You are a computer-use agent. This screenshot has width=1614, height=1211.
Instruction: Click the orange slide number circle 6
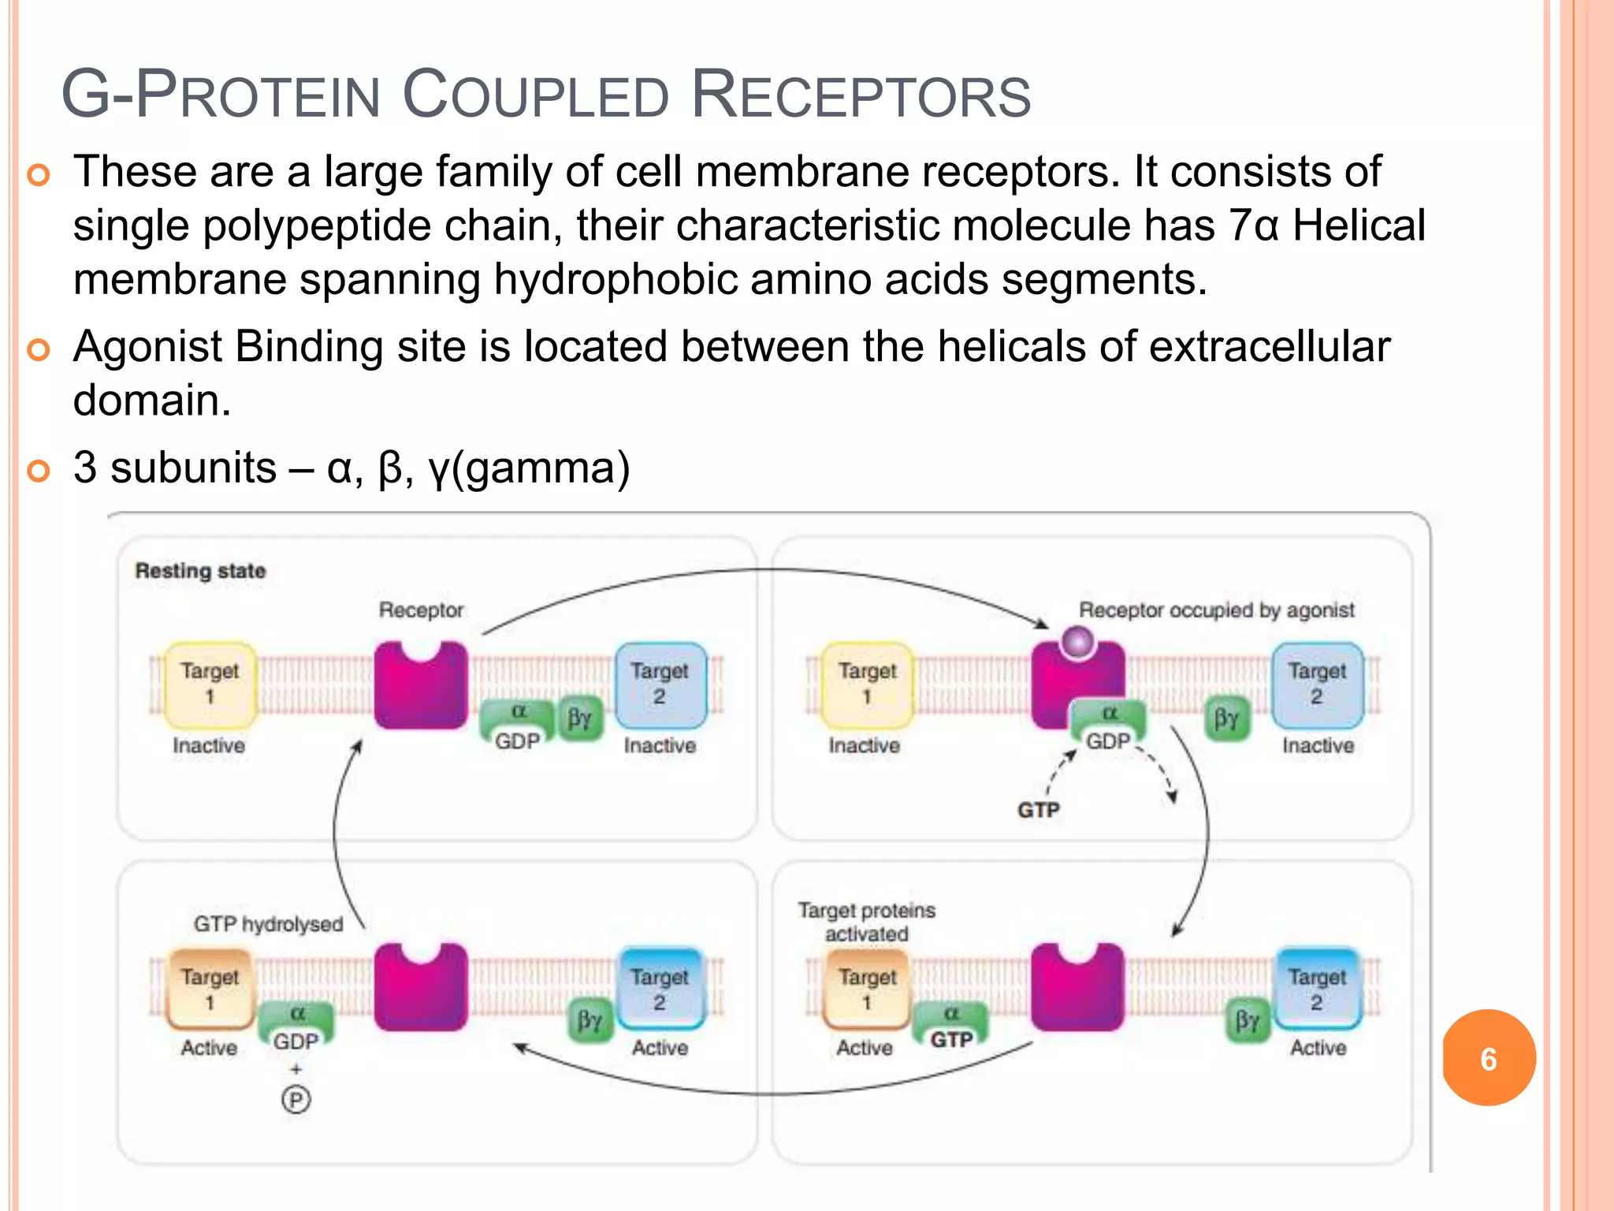coord(1488,1058)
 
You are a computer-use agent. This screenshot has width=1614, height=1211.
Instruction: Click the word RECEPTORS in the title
coord(861,96)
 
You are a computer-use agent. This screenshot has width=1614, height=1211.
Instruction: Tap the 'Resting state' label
coord(200,570)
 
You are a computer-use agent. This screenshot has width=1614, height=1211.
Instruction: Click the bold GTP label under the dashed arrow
coord(1038,810)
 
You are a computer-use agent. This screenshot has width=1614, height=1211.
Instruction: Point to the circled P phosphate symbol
coord(296,1099)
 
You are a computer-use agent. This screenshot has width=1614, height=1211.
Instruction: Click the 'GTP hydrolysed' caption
coord(268,923)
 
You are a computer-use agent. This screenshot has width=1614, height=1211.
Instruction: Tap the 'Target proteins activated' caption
coord(866,922)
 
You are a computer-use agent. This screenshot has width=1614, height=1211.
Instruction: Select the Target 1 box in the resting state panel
coord(210,684)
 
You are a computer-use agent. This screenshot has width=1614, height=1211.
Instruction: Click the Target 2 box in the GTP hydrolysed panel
coord(660,989)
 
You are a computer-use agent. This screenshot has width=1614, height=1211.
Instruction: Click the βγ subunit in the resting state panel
coord(580,717)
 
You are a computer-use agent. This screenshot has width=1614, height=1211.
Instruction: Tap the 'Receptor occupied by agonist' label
coord(1216,609)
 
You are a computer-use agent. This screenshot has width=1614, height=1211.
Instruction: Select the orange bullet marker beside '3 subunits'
coord(38,471)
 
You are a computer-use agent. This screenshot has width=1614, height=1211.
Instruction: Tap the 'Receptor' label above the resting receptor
coord(421,609)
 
